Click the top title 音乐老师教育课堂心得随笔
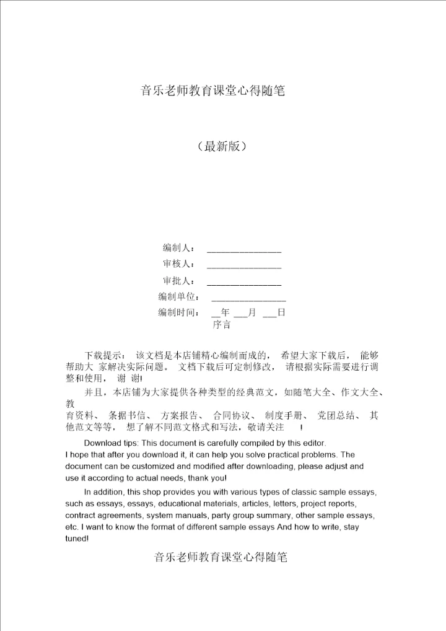coord(212,91)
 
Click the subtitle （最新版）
coord(222,147)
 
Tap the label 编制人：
coord(178,249)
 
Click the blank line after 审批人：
coord(243,285)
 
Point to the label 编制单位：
coord(178,297)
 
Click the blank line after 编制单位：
coord(248,301)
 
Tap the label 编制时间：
coord(178,313)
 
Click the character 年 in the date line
coord(225,313)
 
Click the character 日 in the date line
coord(281,313)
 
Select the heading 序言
coord(222,324)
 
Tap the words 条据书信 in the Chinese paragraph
coord(126,415)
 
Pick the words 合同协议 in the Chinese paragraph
coord(230,415)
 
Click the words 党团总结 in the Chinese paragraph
coord(335,415)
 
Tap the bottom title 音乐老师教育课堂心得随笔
coord(221,557)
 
